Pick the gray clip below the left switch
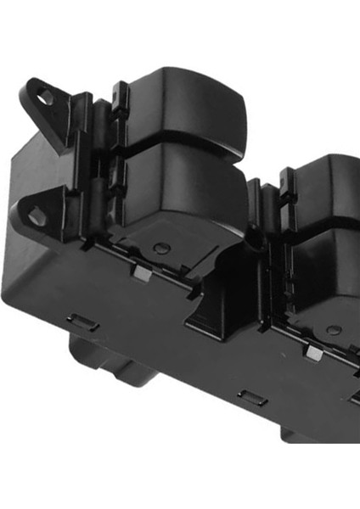click(140, 273)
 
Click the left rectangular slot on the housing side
click(82, 322)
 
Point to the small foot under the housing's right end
click(297, 434)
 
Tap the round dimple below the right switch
click(335, 329)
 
